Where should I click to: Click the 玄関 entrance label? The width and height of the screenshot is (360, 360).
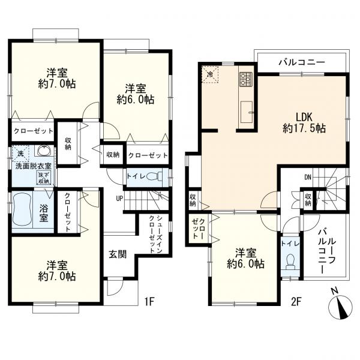(x=118, y=254)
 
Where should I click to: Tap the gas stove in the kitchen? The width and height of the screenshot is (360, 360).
(x=247, y=79)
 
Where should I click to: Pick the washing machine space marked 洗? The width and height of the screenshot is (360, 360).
(x=19, y=154)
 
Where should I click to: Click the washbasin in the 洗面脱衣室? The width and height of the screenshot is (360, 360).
(x=43, y=151)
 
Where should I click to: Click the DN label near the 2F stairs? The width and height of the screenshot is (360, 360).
(x=307, y=177)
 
